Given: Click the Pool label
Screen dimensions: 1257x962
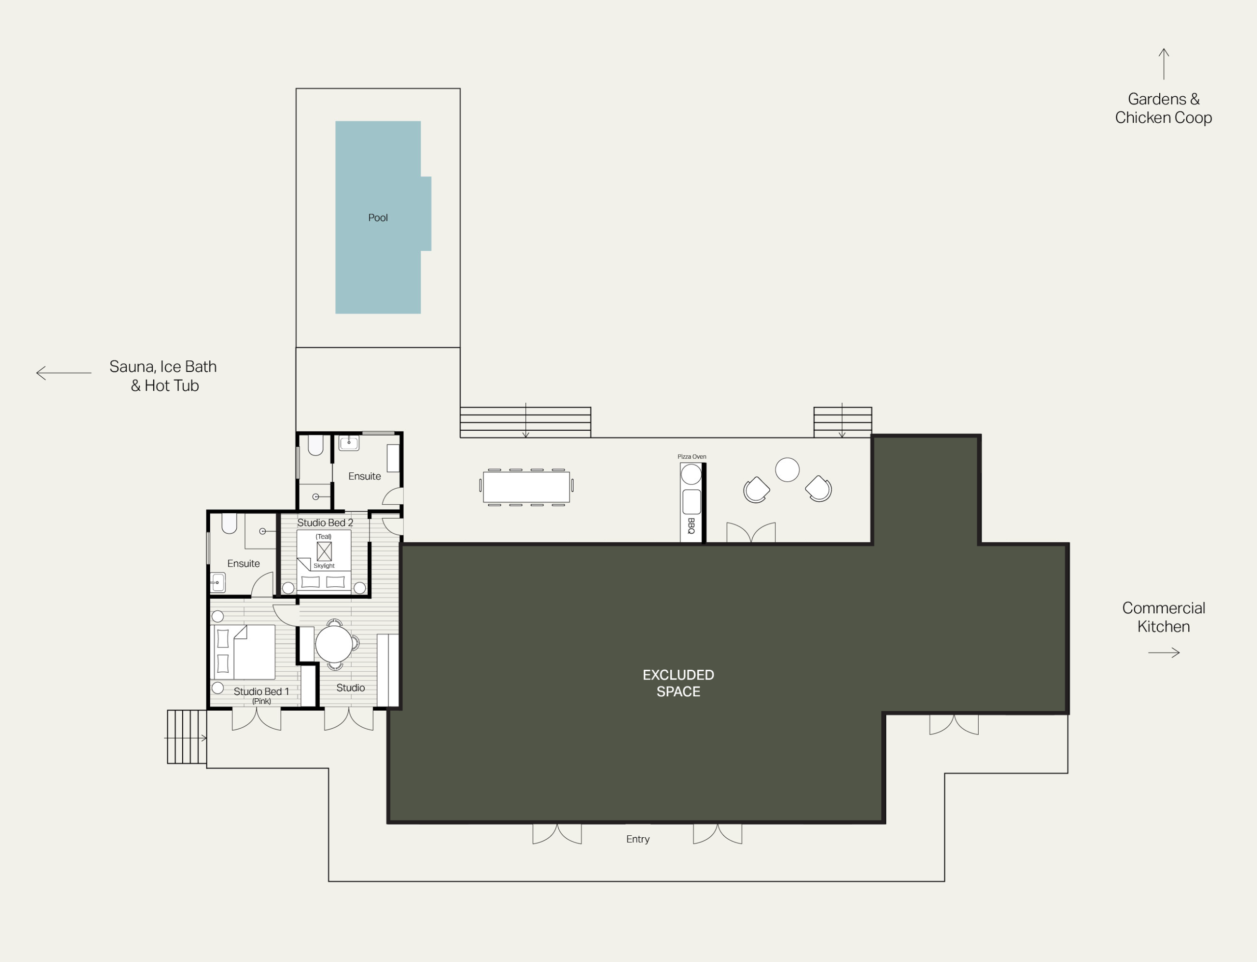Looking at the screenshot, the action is pyautogui.click(x=378, y=218).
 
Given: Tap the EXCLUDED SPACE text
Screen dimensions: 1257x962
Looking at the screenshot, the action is pyautogui.click(x=678, y=683).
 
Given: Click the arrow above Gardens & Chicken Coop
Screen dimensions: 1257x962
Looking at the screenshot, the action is pyautogui.click(x=1164, y=63).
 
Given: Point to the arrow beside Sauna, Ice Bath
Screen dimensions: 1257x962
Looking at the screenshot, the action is pyautogui.click(x=63, y=373).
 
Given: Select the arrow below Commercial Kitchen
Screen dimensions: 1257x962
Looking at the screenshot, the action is pyautogui.click(x=1164, y=653).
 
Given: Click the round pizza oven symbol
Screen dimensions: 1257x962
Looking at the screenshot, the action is pyautogui.click(x=691, y=475).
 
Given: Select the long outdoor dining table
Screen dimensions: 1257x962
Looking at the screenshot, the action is pyautogui.click(x=526, y=487).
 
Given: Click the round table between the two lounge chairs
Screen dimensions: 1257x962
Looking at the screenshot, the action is pyautogui.click(x=787, y=469).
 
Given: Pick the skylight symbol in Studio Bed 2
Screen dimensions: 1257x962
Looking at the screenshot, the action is pyautogui.click(x=324, y=551).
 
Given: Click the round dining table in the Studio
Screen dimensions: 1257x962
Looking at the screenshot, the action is pyautogui.click(x=334, y=644).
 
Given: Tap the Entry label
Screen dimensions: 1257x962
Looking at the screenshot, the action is pyautogui.click(x=638, y=839).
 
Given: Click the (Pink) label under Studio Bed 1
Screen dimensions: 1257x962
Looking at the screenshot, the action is pyautogui.click(x=262, y=701).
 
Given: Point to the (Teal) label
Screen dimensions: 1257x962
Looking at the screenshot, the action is pyautogui.click(x=324, y=537).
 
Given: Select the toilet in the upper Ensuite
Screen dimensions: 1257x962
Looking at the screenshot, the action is pyautogui.click(x=315, y=445).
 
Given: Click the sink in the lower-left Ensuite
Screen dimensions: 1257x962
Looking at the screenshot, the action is pyautogui.click(x=218, y=583).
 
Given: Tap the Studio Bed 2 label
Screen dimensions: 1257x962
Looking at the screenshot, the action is pyautogui.click(x=325, y=523).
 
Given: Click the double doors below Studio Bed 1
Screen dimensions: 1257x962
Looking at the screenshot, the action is pyautogui.click(x=256, y=719).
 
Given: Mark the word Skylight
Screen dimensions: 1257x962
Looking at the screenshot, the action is pyautogui.click(x=324, y=566).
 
